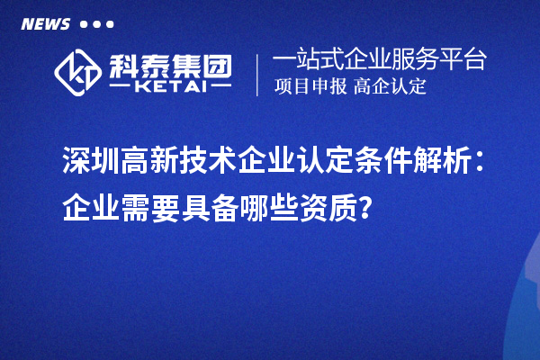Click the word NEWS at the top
pos(46,24)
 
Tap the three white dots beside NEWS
pos(97,24)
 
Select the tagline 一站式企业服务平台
pos(379,60)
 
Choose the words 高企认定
pos(390,87)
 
